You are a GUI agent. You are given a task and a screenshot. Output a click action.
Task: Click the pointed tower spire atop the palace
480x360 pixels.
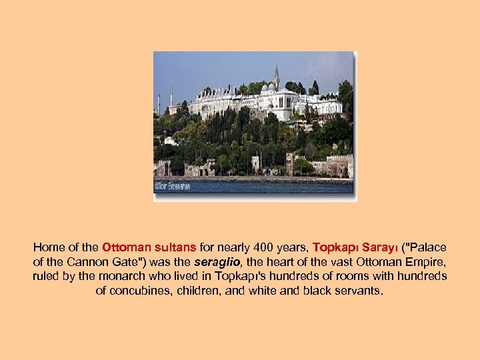click(276, 75)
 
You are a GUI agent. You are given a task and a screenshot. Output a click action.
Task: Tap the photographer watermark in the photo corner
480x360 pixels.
click(173, 186)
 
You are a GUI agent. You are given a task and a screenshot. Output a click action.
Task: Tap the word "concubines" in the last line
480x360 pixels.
click(137, 291)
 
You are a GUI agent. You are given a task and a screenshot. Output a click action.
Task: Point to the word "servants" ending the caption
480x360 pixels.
click(360, 291)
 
